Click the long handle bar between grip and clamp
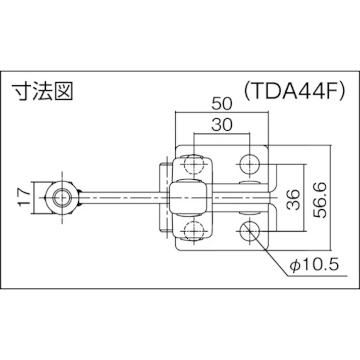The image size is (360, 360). [x=121, y=196]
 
